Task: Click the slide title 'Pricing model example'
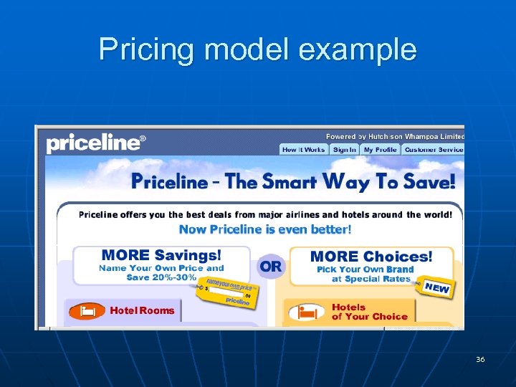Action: [257, 49]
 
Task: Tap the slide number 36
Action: [479, 359]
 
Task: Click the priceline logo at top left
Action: [95, 143]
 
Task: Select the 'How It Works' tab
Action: [303, 150]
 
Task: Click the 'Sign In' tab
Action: [344, 150]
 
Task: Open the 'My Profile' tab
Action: [380, 150]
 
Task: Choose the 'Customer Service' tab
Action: [433, 150]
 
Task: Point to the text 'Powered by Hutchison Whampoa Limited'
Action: [395, 136]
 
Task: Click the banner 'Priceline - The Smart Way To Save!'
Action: [292, 181]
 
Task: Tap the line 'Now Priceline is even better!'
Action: [265, 229]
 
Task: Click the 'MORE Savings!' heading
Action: [161, 255]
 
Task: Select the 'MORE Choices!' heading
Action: [371, 256]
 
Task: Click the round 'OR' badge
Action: [271, 267]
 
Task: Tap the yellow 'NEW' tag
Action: [436, 288]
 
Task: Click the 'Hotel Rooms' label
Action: [142, 310]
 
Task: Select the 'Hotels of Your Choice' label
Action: [369, 312]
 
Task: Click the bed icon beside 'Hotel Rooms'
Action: [87, 311]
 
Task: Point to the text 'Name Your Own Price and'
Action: [161, 268]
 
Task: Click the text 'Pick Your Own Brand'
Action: [365, 269]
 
